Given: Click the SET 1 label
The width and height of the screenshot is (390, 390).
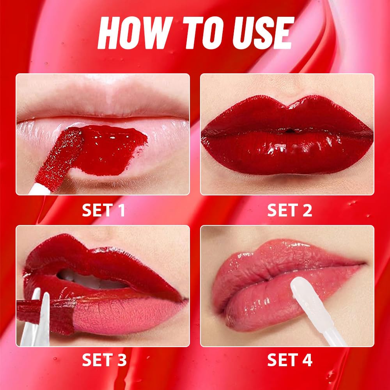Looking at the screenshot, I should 104,210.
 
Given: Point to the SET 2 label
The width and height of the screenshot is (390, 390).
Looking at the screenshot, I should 289,210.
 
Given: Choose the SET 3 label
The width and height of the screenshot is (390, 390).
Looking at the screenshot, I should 104,360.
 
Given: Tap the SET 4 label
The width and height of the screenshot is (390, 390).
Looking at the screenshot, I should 289,360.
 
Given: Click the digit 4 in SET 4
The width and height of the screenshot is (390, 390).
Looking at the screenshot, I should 308,360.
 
